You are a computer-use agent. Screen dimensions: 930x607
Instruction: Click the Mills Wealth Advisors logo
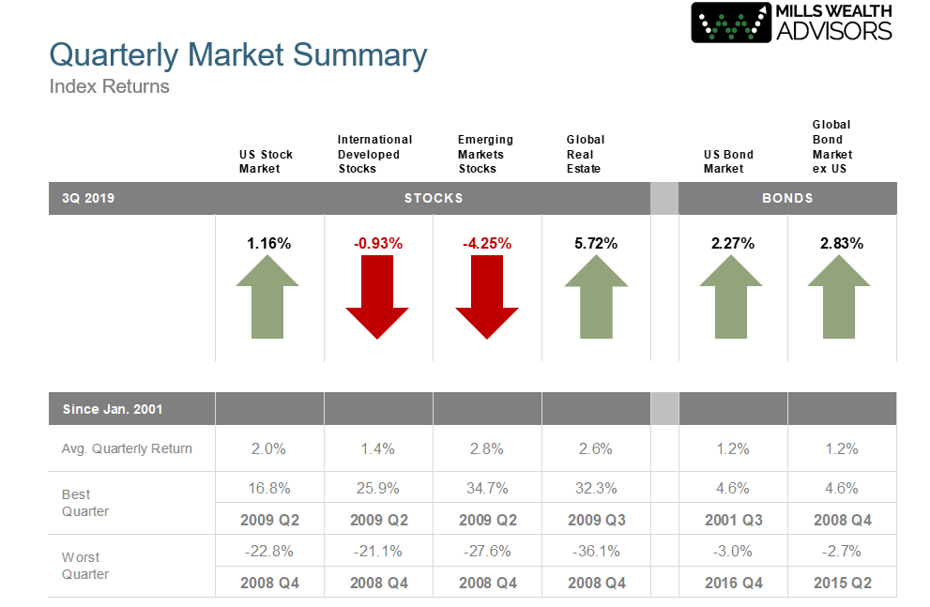tap(792, 23)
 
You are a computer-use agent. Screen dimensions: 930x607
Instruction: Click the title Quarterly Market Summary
tap(237, 55)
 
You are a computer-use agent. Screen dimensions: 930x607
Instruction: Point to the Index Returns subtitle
tap(109, 86)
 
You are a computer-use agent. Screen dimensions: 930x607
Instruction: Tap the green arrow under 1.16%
tap(267, 297)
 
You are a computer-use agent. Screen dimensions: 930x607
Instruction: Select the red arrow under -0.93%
tap(377, 297)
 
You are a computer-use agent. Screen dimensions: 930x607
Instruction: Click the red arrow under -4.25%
tap(487, 297)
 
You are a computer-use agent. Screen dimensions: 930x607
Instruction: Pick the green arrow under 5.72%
tap(596, 297)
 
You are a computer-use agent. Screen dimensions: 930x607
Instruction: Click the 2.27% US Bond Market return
tap(733, 244)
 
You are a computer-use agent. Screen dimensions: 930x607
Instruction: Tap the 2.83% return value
tap(842, 244)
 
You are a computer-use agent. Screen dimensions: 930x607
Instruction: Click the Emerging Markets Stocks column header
tap(485, 154)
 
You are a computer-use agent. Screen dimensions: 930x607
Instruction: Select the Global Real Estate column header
tap(586, 154)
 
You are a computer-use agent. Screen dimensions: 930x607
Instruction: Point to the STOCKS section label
tap(434, 198)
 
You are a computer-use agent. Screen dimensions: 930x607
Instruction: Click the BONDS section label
tap(787, 198)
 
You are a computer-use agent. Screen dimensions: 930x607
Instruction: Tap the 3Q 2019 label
tap(88, 198)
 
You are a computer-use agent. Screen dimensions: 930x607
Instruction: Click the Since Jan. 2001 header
tap(113, 409)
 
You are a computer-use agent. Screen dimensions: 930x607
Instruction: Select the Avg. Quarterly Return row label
tap(127, 448)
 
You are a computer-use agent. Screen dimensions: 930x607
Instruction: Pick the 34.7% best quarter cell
tap(487, 489)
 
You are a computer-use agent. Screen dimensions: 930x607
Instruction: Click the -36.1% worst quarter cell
tap(596, 552)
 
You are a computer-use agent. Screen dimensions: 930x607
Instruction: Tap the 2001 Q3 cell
tap(734, 520)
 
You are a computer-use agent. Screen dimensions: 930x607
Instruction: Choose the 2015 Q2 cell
tap(843, 583)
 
